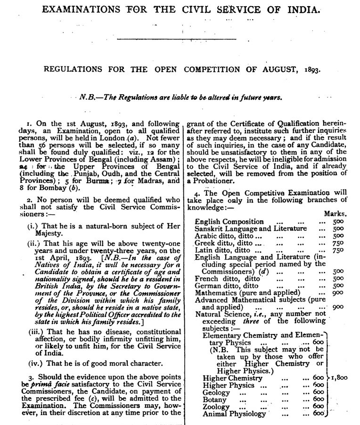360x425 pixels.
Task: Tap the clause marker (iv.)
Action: point(35,363)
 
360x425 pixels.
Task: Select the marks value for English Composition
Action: point(338,221)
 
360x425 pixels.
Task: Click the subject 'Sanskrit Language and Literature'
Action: point(251,229)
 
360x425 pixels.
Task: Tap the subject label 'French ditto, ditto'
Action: point(222,278)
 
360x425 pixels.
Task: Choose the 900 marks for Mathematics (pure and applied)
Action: point(338,293)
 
